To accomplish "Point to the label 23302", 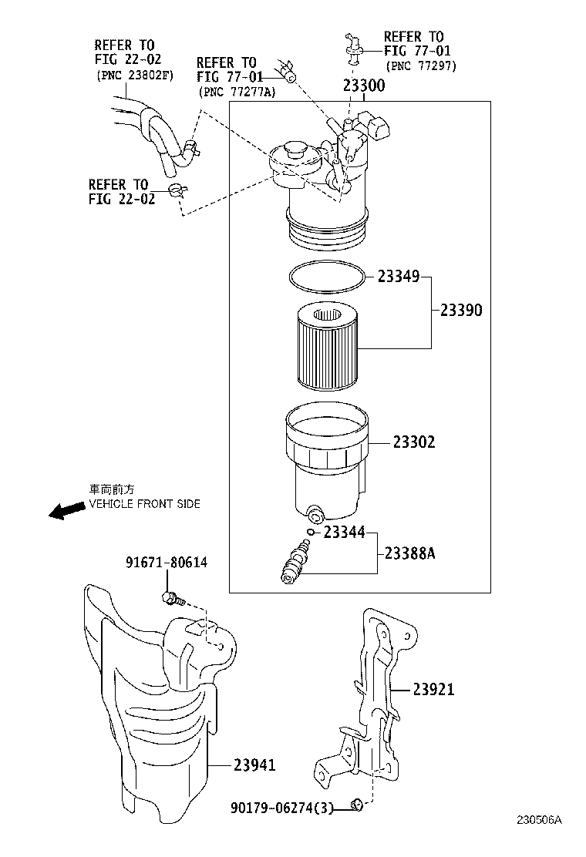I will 413,442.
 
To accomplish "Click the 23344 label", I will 344,532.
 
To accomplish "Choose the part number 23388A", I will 409,553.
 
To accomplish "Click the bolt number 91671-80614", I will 166,563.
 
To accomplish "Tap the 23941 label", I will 254,765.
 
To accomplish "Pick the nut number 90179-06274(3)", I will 283,808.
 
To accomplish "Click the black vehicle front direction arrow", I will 66,510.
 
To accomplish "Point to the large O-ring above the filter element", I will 326,277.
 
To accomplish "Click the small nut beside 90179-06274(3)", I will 356,806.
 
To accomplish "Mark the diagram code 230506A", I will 539,842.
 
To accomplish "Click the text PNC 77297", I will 423,66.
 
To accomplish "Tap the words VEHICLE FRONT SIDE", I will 145,504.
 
